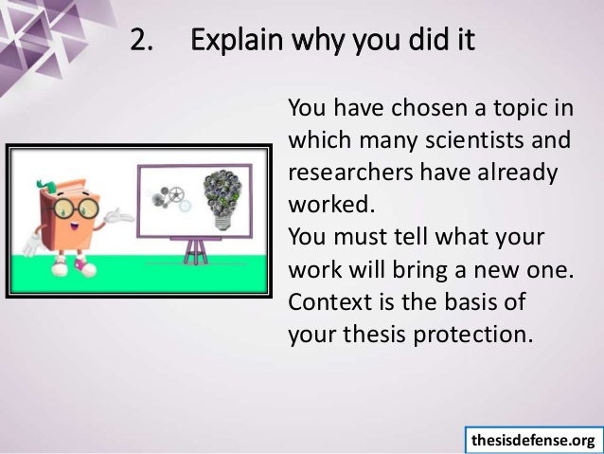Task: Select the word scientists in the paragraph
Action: coord(474,141)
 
